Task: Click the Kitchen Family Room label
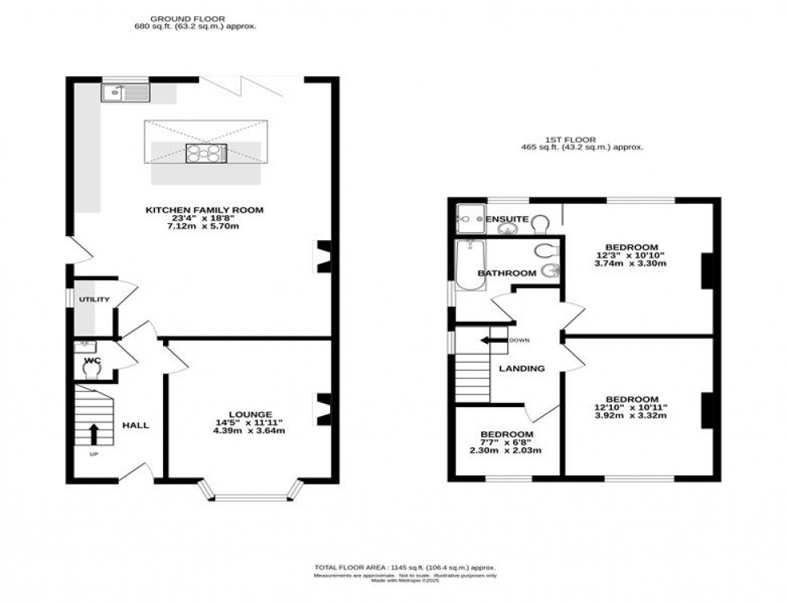click(204, 210)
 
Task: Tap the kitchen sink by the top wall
click(126, 93)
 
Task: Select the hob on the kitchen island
click(206, 153)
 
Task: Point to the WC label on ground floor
click(92, 361)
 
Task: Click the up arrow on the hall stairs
click(93, 434)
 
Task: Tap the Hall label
click(136, 425)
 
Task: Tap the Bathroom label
click(507, 273)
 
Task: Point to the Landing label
click(521, 369)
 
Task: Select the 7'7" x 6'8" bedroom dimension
click(504, 442)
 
